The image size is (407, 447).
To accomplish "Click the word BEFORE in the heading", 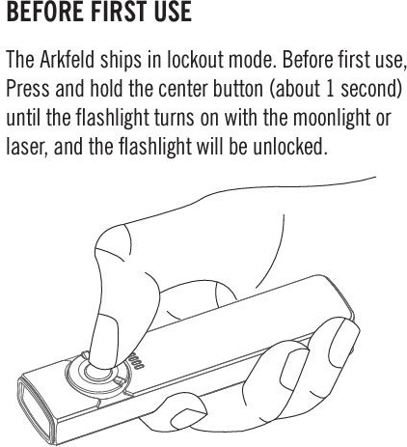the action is [x=46, y=12].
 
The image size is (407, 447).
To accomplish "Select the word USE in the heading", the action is [x=175, y=12].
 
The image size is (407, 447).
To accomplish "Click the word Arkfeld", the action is [x=67, y=60].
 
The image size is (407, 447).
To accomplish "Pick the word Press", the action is [x=28, y=88].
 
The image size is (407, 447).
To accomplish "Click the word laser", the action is [x=25, y=147].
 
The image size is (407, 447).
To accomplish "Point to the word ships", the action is [x=121, y=61].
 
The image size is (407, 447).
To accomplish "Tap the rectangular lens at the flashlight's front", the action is [x=35, y=407].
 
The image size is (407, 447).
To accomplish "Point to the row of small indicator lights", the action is [x=136, y=360].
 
